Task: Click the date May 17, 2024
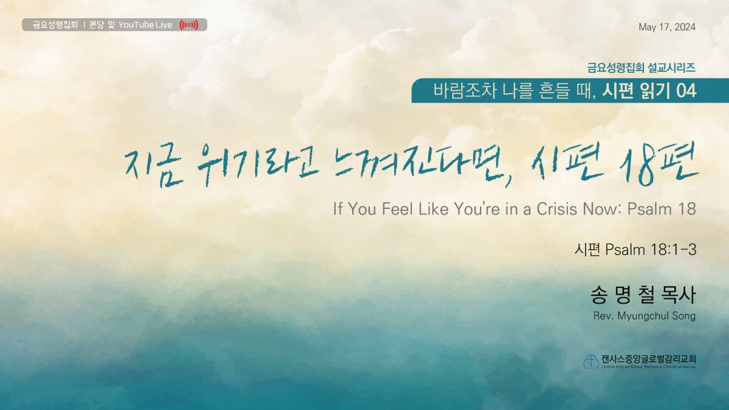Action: (667, 27)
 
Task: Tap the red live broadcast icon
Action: (189, 25)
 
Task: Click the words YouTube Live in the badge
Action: (145, 25)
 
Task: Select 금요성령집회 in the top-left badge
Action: (55, 25)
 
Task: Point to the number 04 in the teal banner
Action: (686, 91)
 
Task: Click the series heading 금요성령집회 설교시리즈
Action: (641, 67)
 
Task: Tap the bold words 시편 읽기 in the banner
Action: (636, 91)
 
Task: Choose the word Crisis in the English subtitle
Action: (557, 208)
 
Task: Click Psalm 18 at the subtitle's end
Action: (662, 209)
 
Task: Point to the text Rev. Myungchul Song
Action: (645, 316)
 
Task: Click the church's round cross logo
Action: (591, 361)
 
